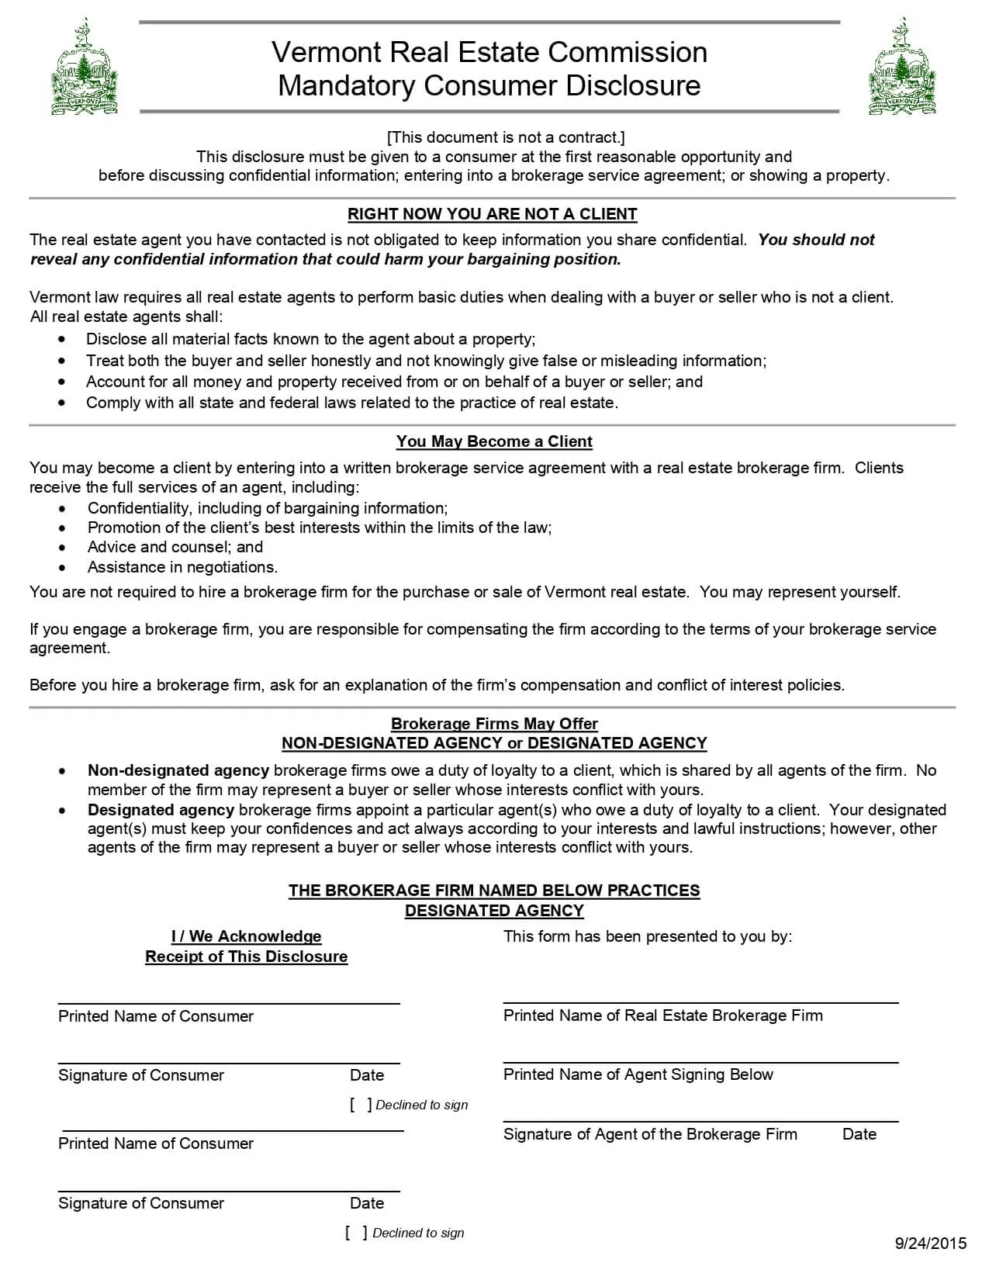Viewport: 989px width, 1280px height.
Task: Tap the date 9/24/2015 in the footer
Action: coord(930,1244)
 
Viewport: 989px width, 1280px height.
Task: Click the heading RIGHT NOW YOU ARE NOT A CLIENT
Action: coord(492,214)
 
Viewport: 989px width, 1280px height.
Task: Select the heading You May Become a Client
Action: coord(494,441)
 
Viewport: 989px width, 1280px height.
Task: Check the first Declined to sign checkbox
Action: coord(361,1105)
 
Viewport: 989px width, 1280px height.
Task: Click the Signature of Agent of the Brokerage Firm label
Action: coord(650,1134)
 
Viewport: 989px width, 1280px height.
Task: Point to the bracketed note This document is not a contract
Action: coord(505,137)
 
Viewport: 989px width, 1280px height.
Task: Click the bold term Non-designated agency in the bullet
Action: coord(178,770)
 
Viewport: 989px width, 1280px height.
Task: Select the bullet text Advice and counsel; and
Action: coord(175,547)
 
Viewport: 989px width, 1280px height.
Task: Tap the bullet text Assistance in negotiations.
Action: coord(182,567)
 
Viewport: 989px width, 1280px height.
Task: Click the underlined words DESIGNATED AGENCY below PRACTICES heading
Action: coord(494,911)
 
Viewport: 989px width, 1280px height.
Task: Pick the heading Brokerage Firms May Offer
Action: coord(494,724)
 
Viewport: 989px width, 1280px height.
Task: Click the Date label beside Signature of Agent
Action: coord(859,1134)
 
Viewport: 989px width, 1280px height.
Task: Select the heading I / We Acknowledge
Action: coord(246,936)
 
